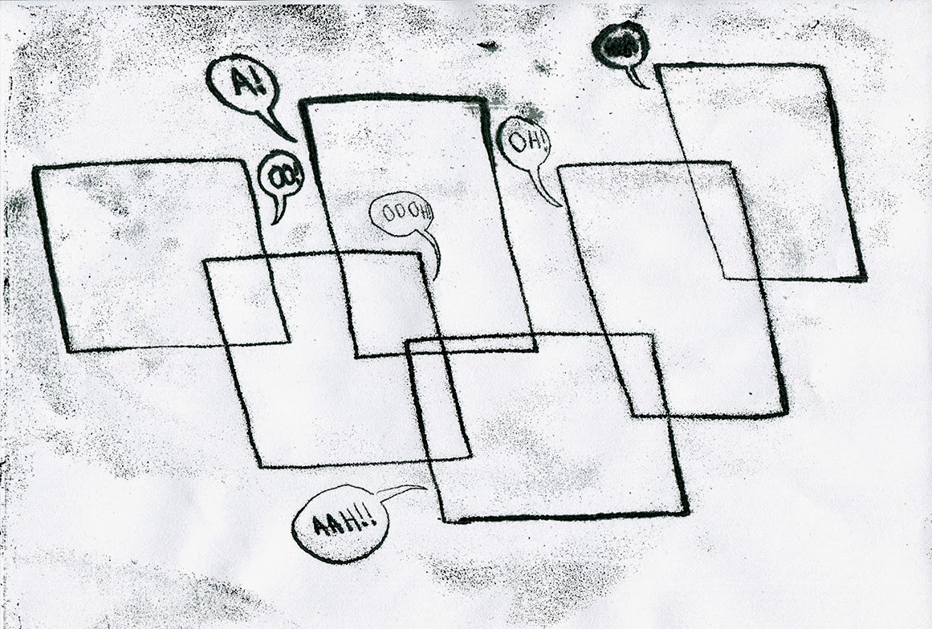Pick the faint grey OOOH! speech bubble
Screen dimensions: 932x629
[x=401, y=214]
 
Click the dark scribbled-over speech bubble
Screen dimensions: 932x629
[x=620, y=45]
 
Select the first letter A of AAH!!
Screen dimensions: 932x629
[x=319, y=527]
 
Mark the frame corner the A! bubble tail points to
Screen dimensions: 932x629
[x=303, y=103]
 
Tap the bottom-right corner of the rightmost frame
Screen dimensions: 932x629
[x=864, y=278]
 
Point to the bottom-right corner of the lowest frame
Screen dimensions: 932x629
[x=686, y=512]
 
